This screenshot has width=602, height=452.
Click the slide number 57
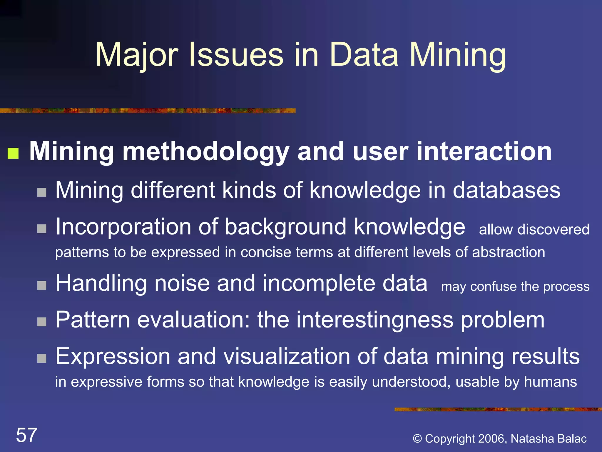26,435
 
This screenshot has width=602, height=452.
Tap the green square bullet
13,153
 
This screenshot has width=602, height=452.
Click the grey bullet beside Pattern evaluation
42,322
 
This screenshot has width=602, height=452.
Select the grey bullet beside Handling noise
42,285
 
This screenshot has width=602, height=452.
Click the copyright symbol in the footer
417,439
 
